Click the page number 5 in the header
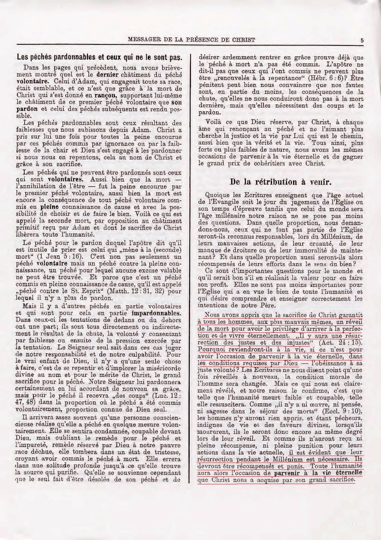[362, 41]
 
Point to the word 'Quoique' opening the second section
[217, 195]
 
